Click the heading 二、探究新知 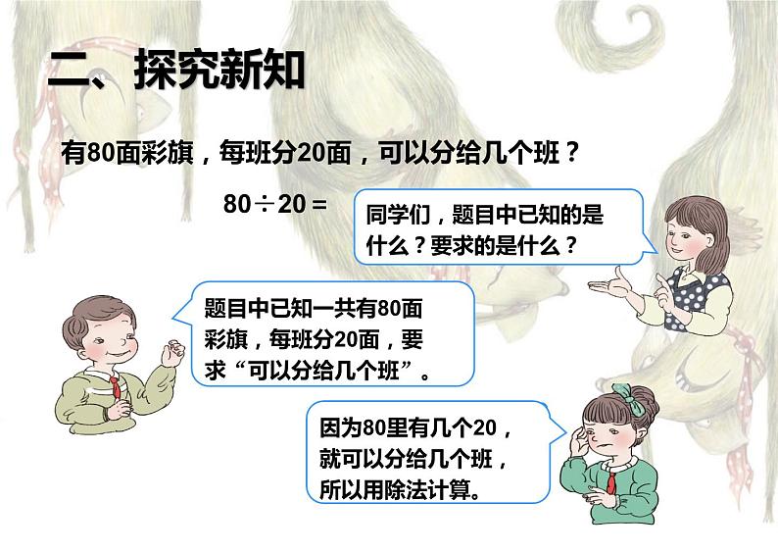[176, 72]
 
